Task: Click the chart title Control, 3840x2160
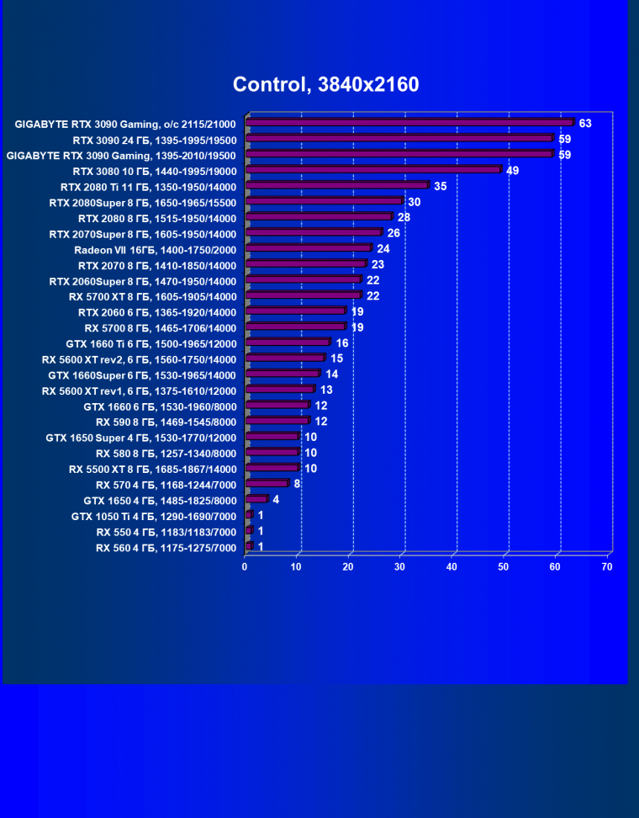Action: tap(325, 84)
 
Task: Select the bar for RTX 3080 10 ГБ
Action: tap(372, 170)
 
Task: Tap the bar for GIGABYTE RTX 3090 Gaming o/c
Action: tap(409, 123)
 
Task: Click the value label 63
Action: tap(585, 124)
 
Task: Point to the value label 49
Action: tap(513, 170)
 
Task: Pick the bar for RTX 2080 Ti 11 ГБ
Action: tap(336, 186)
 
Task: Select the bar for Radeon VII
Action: tap(308, 248)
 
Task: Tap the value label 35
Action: tap(441, 186)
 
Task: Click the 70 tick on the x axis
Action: tap(607, 567)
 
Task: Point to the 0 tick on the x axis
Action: tap(245, 567)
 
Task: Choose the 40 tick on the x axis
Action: tap(452, 567)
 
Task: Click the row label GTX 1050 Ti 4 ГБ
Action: tap(154, 516)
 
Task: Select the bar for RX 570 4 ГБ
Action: tap(267, 484)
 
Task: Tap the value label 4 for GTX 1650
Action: tap(276, 500)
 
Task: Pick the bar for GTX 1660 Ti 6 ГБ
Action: tap(288, 343)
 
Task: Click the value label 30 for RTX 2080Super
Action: tap(414, 202)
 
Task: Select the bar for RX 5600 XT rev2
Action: tap(284, 359)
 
